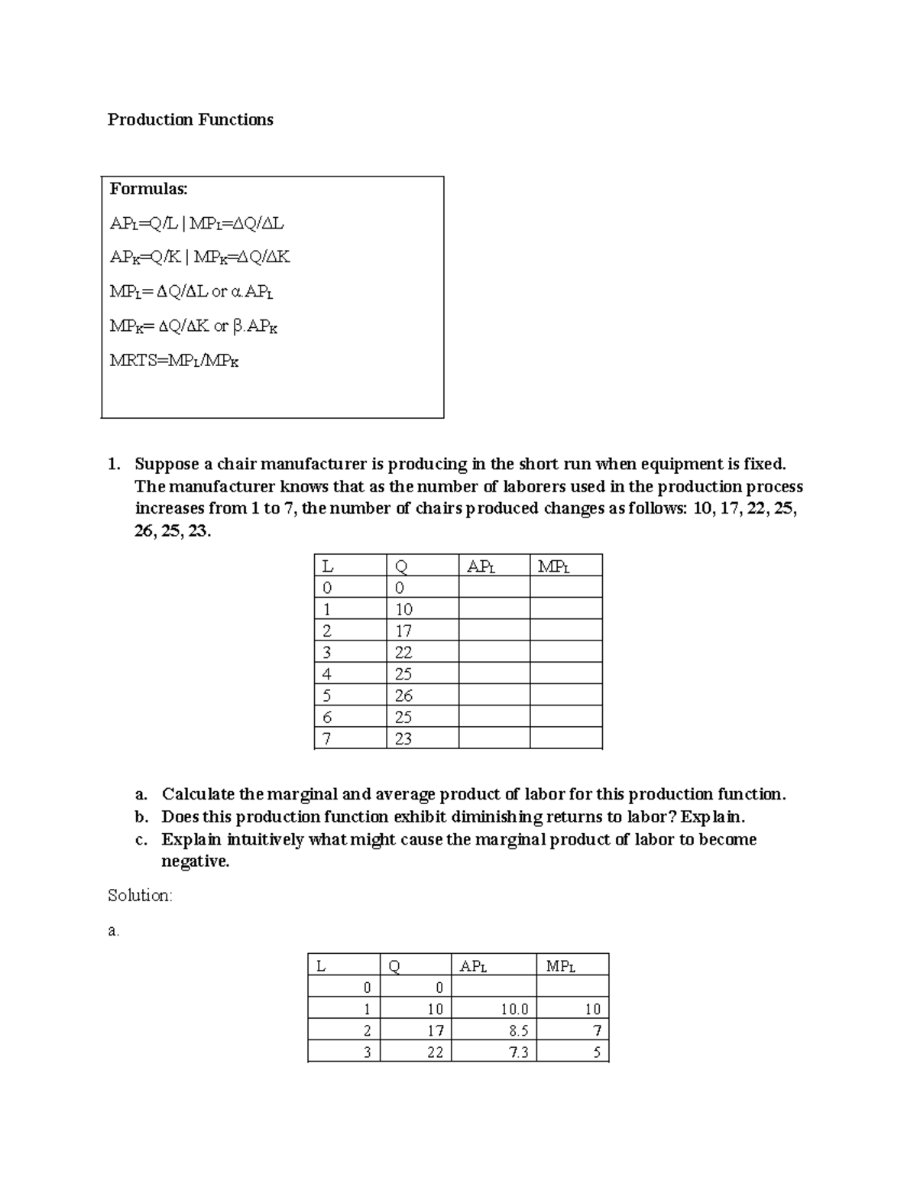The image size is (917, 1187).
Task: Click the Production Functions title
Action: (190, 120)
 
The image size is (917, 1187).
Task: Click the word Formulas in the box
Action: (148, 189)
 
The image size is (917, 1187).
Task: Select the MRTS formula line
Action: (174, 361)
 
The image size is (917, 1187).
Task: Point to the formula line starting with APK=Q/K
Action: (199, 258)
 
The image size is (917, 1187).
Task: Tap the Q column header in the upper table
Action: (401, 566)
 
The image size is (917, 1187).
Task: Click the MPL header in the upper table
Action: (554, 566)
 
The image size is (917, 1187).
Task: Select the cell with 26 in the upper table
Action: (403, 696)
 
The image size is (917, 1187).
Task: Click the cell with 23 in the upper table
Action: (403, 739)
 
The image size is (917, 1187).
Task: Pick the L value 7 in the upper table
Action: (327, 739)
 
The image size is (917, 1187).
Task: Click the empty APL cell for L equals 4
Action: (494, 674)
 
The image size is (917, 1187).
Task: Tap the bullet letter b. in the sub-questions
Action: (141, 817)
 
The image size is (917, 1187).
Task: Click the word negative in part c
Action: (195, 861)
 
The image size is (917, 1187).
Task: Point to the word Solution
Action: (140, 896)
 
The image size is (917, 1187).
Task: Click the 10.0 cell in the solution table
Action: (514, 1009)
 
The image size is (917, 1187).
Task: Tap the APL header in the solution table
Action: (473, 966)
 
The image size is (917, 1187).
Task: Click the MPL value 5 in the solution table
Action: (597, 1052)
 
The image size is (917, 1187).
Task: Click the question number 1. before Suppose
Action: (114, 465)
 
